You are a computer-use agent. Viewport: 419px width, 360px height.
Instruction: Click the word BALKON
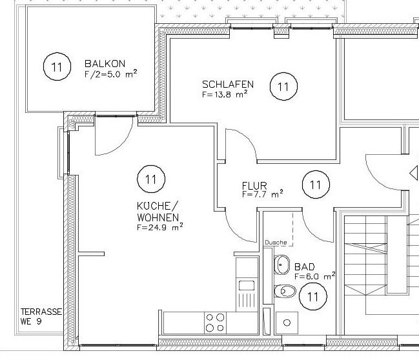pyautogui.click(x=104, y=64)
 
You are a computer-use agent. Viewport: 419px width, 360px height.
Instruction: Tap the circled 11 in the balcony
pyautogui.click(x=56, y=66)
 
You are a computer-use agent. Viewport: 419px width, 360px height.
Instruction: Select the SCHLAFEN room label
pyautogui.click(x=227, y=85)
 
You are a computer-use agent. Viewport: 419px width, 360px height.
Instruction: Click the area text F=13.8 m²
pyautogui.click(x=225, y=94)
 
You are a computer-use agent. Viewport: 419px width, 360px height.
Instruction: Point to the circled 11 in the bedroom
pyautogui.click(x=283, y=86)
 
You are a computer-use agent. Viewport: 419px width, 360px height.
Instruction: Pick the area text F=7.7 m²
pyautogui.click(x=262, y=194)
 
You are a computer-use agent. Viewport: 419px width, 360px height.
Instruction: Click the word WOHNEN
pyautogui.click(x=158, y=217)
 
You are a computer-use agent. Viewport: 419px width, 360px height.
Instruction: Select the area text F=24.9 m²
pyautogui.click(x=159, y=226)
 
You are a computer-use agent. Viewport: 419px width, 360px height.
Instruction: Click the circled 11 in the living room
pyautogui.click(x=151, y=178)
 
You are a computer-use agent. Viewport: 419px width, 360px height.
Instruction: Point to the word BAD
pyautogui.click(x=305, y=266)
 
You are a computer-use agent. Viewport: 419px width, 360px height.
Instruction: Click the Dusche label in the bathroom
pyautogui.click(x=276, y=242)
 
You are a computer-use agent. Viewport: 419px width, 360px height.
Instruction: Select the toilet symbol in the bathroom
pyautogui.click(x=285, y=292)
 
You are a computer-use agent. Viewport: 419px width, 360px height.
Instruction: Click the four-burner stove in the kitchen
pyautogui.click(x=215, y=321)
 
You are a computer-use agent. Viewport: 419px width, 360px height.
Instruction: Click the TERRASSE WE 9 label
pyautogui.click(x=40, y=316)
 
